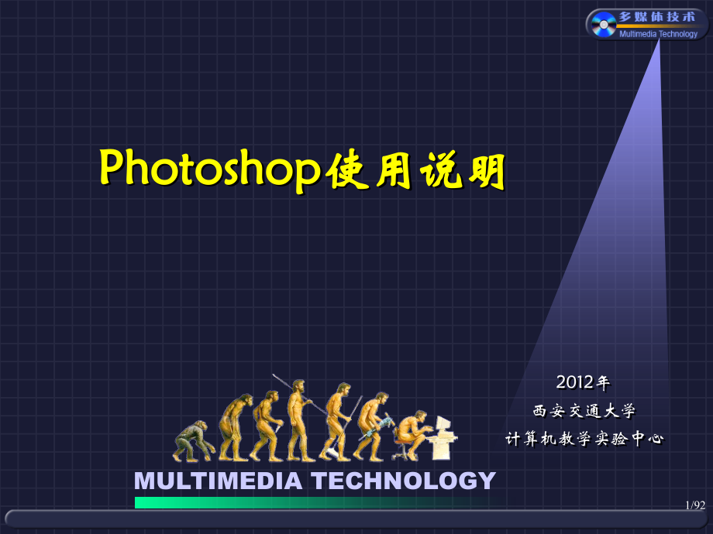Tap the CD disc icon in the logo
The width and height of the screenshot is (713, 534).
pyautogui.click(x=603, y=26)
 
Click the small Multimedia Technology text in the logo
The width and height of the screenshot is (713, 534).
pyautogui.click(x=658, y=34)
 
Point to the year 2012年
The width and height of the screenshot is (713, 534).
pyautogui.click(x=583, y=382)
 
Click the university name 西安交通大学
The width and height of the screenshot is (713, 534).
pyautogui.click(x=584, y=410)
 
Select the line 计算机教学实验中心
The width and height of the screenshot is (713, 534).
pyautogui.click(x=584, y=439)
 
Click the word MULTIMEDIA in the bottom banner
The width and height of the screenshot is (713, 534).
pyautogui.click(x=218, y=481)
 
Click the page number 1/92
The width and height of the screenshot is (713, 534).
pyautogui.click(x=695, y=505)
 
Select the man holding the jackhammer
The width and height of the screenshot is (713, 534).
pyautogui.click(x=373, y=426)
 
